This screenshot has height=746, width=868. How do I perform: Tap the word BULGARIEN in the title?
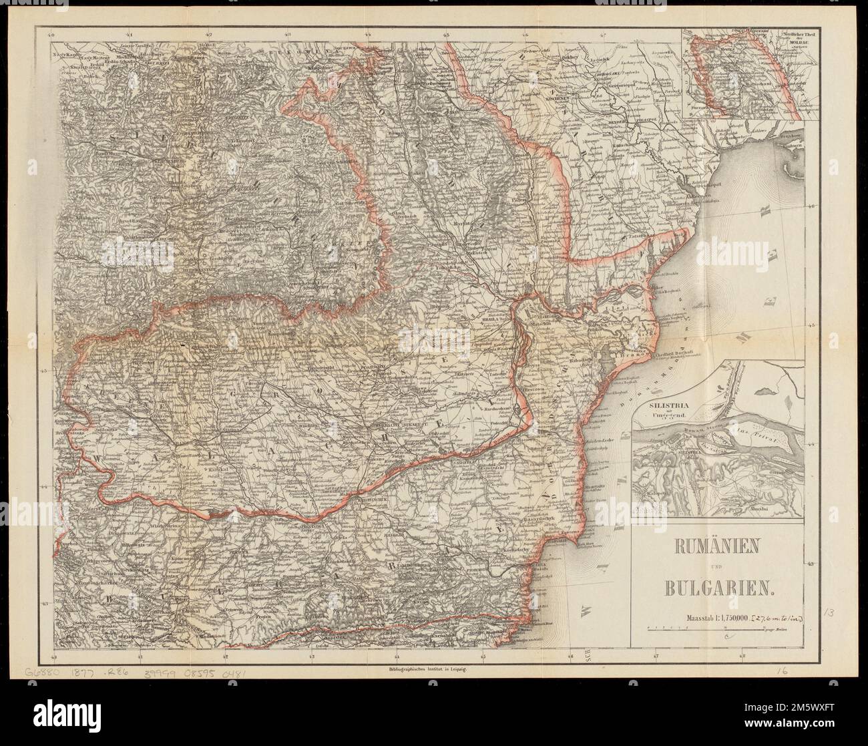click(718, 588)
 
